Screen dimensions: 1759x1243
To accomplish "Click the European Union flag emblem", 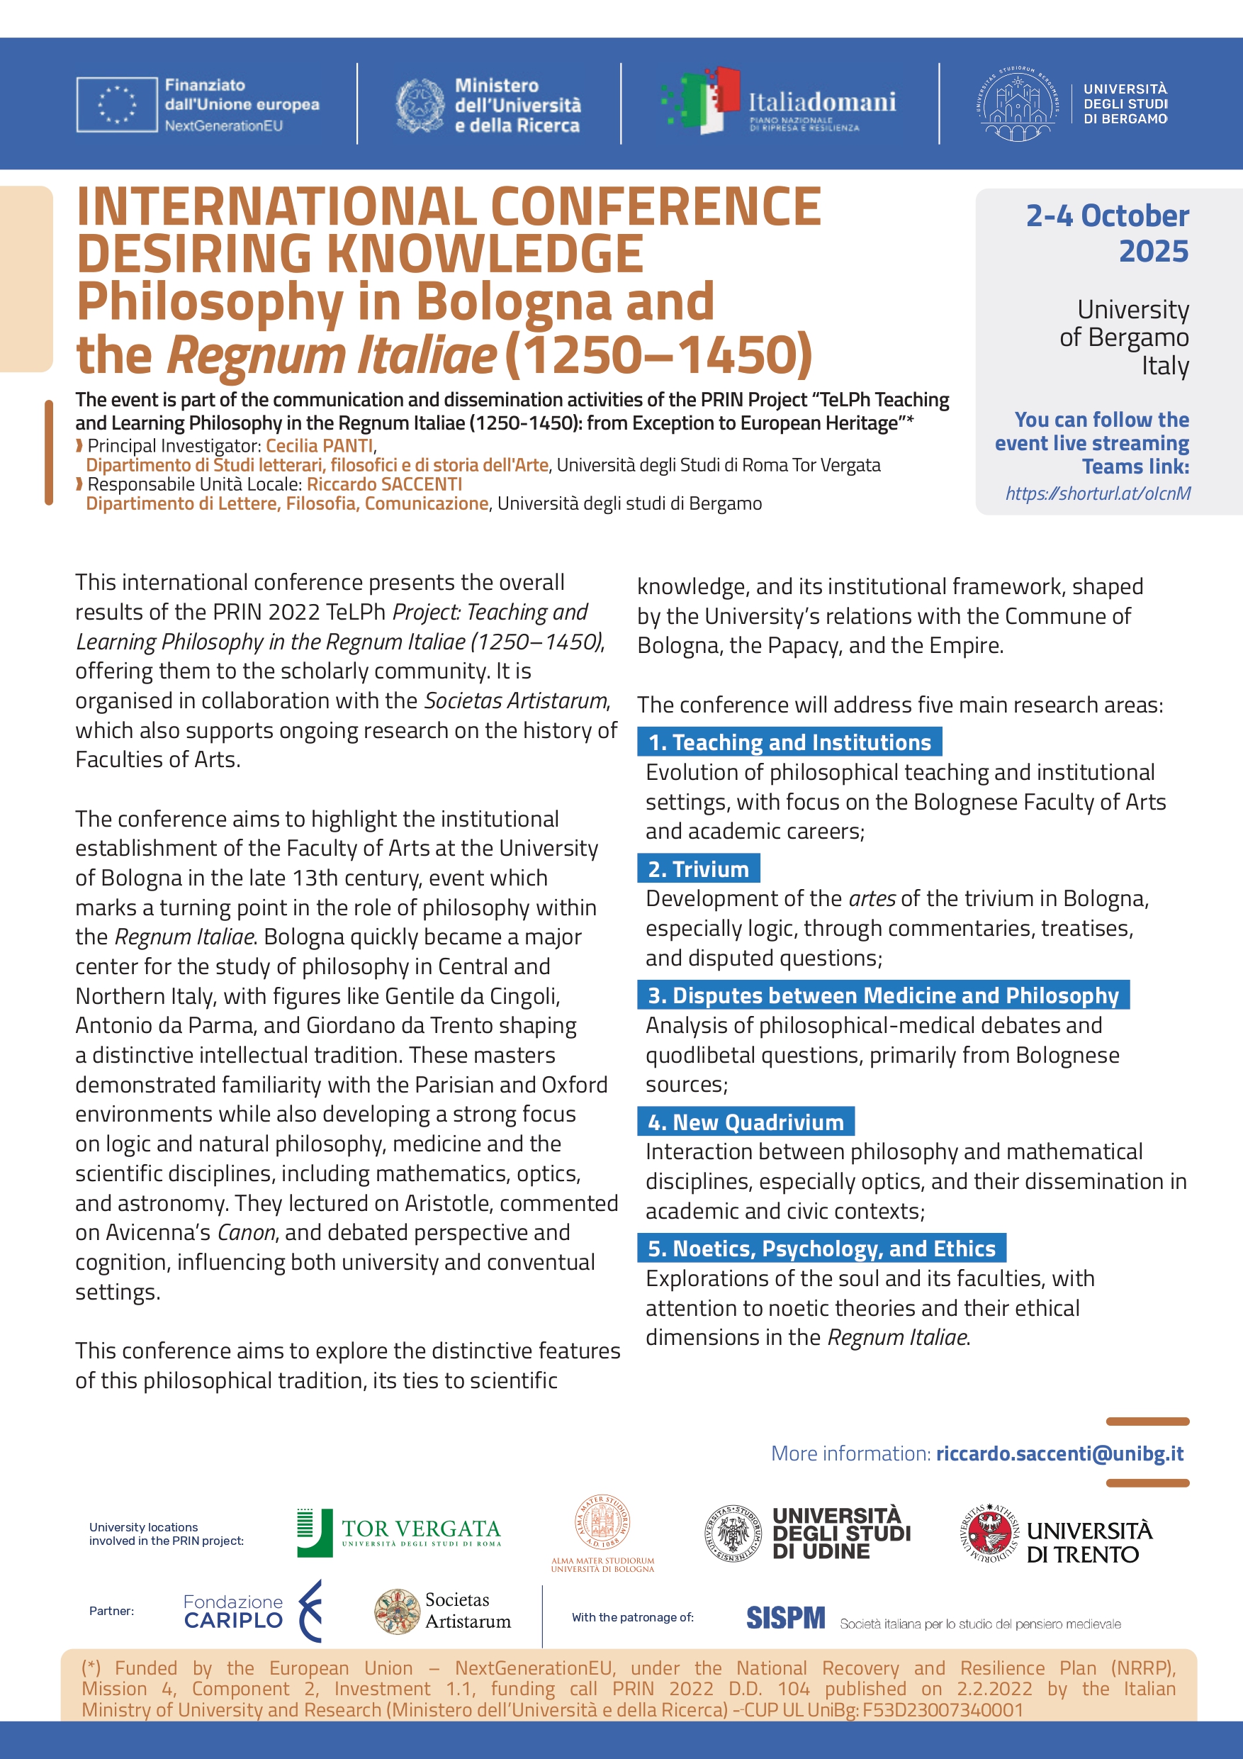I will click(x=116, y=104).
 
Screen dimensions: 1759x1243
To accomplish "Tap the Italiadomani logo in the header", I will click(x=780, y=103).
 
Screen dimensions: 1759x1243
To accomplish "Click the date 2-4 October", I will click(x=1107, y=216).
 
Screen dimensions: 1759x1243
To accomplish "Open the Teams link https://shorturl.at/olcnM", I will click(x=1098, y=493).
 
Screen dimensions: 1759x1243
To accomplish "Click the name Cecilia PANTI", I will click(x=320, y=446).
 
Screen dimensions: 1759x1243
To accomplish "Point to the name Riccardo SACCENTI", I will click(x=385, y=484).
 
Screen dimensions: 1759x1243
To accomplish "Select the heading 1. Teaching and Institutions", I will click(x=789, y=742).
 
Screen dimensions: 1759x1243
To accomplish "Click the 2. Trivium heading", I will click(x=698, y=869).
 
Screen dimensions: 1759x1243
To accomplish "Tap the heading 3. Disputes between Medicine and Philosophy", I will click(x=883, y=995).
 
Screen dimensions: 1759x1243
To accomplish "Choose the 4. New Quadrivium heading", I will click(x=746, y=1122).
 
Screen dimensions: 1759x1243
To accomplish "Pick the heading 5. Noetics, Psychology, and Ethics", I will click(x=821, y=1249).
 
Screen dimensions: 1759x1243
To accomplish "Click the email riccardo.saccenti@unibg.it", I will click(x=1059, y=1453).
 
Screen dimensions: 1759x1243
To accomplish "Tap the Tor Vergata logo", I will click(x=399, y=1533).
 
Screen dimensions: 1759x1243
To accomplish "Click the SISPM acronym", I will click(x=785, y=1618).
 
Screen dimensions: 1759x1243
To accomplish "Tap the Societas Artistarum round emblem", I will click(x=397, y=1611).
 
